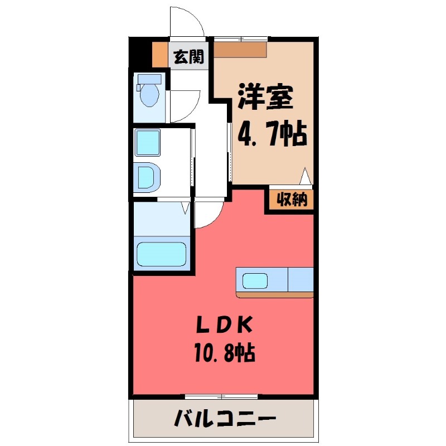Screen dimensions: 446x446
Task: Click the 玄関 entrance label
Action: coord(188,56)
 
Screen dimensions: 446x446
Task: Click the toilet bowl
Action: coord(149,95)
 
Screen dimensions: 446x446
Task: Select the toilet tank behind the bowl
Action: coord(149,79)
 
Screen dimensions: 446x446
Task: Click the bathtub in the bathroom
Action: coord(162,255)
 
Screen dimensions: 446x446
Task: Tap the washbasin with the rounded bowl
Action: coord(148,176)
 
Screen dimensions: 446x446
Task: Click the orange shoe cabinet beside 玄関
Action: coord(159,55)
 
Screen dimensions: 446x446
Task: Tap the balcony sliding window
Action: coord(222,396)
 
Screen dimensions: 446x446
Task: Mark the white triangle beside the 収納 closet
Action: coord(305,177)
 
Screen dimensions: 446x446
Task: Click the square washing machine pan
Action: coord(148,142)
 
